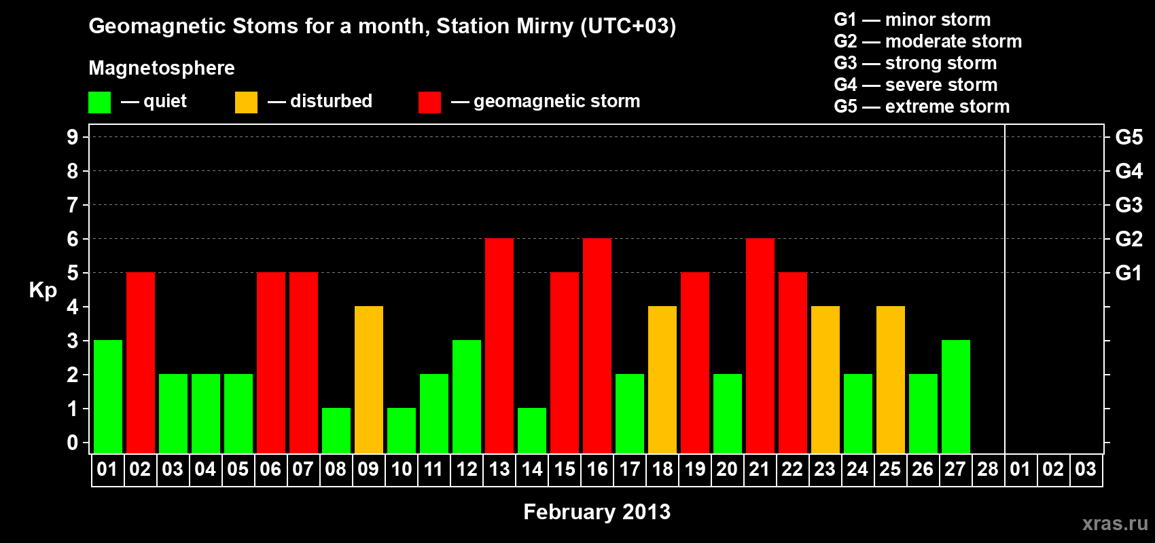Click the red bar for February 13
[499, 345]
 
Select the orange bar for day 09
[369, 379]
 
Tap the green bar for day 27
[955, 396]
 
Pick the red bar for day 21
[760, 345]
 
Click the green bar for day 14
[531, 431]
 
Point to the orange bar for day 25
[891, 379]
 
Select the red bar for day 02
[140, 362]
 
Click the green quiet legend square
[99, 102]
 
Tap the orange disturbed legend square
[246, 102]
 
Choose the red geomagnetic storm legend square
[429, 102]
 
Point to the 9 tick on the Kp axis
[72, 137]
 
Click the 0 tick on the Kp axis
[72, 443]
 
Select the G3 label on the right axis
[1129, 205]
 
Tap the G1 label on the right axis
[1129, 273]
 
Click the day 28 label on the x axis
[988, 469]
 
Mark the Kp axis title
[43, 291]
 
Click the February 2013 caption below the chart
[597, 512]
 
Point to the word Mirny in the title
[545, 26]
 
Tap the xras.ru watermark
[1115, 524]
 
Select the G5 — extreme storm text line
[921, 107]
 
